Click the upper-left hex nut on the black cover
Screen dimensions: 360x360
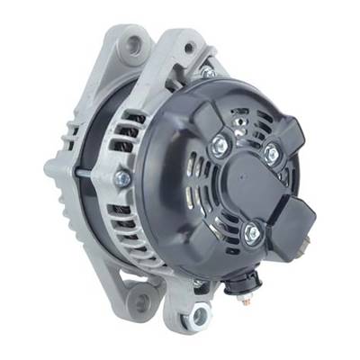[218, 141]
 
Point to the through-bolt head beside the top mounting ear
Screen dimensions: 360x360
[207, 69]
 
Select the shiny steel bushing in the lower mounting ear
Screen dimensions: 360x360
[200, 314]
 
